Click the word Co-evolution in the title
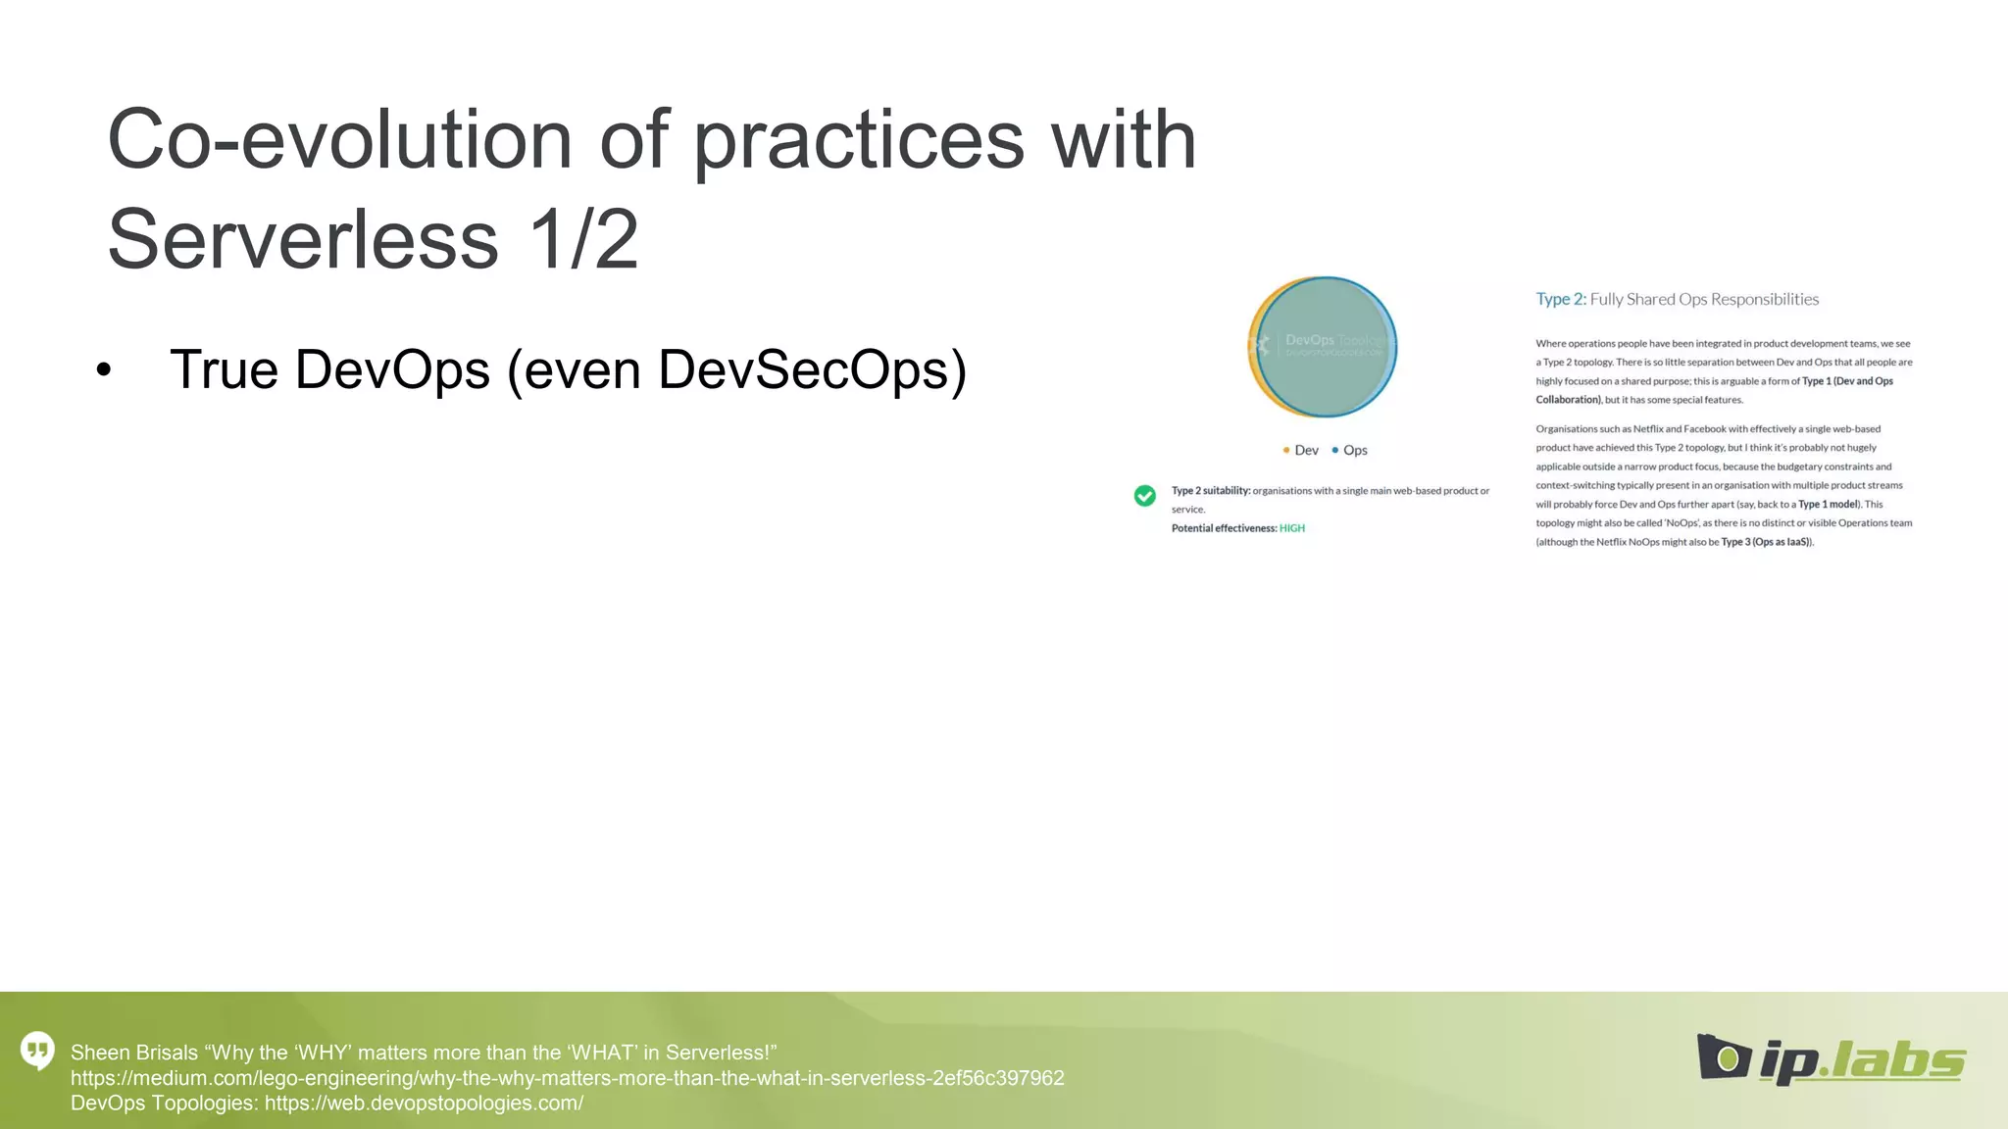(338, 140)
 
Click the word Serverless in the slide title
(303, 240)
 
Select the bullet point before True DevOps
(104, 371)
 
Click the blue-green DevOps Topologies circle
(1325, 348)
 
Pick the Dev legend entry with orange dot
(1301, 450)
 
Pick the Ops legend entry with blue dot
(1350, 450)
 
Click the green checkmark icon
(1144, 496)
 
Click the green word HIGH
(1292, 528)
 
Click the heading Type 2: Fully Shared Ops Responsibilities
(1677, 300)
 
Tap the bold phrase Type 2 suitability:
(1210, 491)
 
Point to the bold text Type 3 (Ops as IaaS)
(1766, 542)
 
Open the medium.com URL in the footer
(567, 1078)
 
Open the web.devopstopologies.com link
(424, 1104)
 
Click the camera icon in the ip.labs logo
(1724, 1057)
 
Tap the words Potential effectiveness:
(1224, 528)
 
